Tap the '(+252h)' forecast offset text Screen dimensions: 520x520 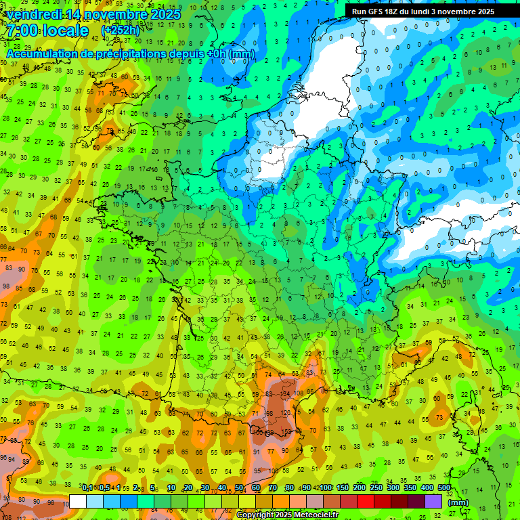[121, 30]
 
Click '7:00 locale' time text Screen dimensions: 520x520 [47, 30]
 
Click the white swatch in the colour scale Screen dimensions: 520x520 [78, 501]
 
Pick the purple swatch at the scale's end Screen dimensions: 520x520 [433, 501]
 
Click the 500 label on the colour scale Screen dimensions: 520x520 [444, 488]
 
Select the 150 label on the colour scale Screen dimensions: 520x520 [343, 488]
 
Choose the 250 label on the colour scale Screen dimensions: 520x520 [376, 488]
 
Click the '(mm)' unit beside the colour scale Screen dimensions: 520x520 [458, 502]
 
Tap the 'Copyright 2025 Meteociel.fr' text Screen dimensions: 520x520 [287, 515]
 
